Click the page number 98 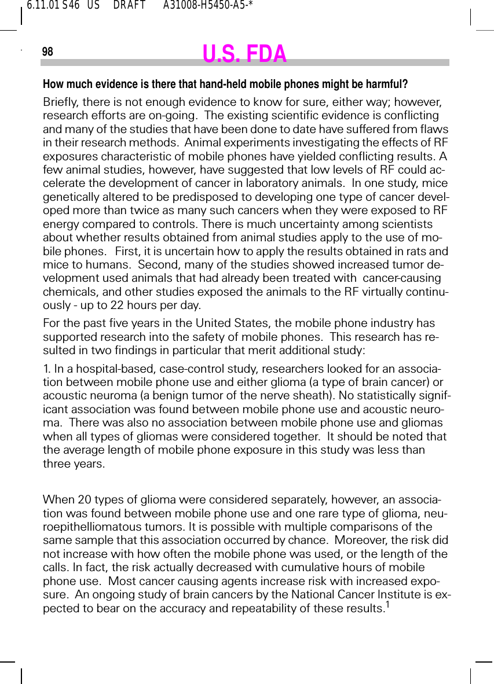coord(47,52)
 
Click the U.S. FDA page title coord(244,54)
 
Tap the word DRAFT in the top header coord(129,6)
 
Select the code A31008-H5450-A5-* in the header coord(208,6)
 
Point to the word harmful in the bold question coord(389,84)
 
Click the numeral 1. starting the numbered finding coord(47,369)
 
